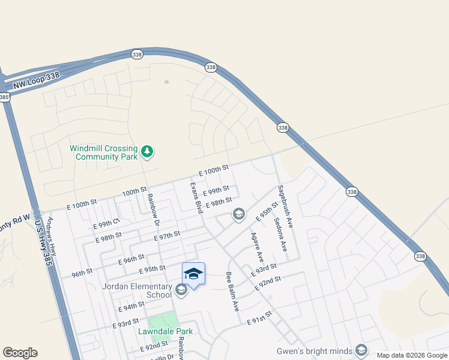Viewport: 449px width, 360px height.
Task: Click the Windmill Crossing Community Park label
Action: tap(103, 152)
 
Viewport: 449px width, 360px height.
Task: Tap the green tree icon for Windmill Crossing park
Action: tap(147, 152)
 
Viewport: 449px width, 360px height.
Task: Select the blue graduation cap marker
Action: tap(193, 274)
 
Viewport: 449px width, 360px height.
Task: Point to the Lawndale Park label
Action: tap(165, 331)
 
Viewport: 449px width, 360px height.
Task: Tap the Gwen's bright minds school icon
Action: tap(361, 350)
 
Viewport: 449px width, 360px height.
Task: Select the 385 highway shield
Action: tap(5, 97)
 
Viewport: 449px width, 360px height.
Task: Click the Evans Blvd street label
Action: tap(196, 199)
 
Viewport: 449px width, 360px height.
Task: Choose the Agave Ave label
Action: tap(258, 247)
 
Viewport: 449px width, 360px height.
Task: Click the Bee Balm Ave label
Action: tap(232, 292)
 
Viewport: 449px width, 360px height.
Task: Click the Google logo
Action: tap(20, 353)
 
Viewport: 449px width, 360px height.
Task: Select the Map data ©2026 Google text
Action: tap(411, 355)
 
